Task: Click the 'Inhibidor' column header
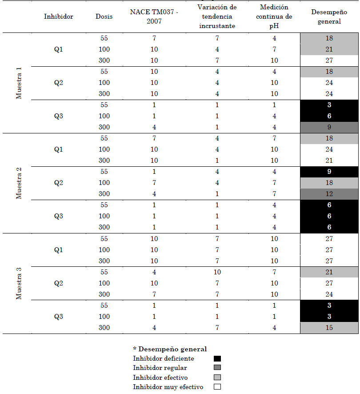click(x=58, y=16)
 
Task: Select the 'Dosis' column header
click(x=104, y=16)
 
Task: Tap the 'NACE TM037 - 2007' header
click(x=153, y=16)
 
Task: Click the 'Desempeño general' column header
click(x=329, y=16)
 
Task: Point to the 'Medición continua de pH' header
click(x=274, y=16)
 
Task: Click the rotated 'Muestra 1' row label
click(x=19, y=83)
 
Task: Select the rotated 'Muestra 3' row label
click(x=19, y=283)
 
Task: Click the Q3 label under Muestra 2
click(x=58, y=216)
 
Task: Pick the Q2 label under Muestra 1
click(x=58, y=83)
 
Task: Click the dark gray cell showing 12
click(x=329, y=194)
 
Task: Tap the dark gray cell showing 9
click(x=329, y=127)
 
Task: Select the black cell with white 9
click(x=329, y=172)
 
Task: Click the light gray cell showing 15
click(x=329, y=328)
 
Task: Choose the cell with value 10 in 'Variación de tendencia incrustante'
click(x=217, y=272)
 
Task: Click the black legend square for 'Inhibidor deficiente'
click(x=217, y=358)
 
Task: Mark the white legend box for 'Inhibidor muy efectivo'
click(x=217, y=387)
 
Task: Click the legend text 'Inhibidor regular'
click(x=160, y=368)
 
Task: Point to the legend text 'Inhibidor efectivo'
click(x=160, y=378)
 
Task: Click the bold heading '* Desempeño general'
click(x=170, y=349)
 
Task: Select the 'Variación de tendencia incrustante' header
click(x=217, y=16)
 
